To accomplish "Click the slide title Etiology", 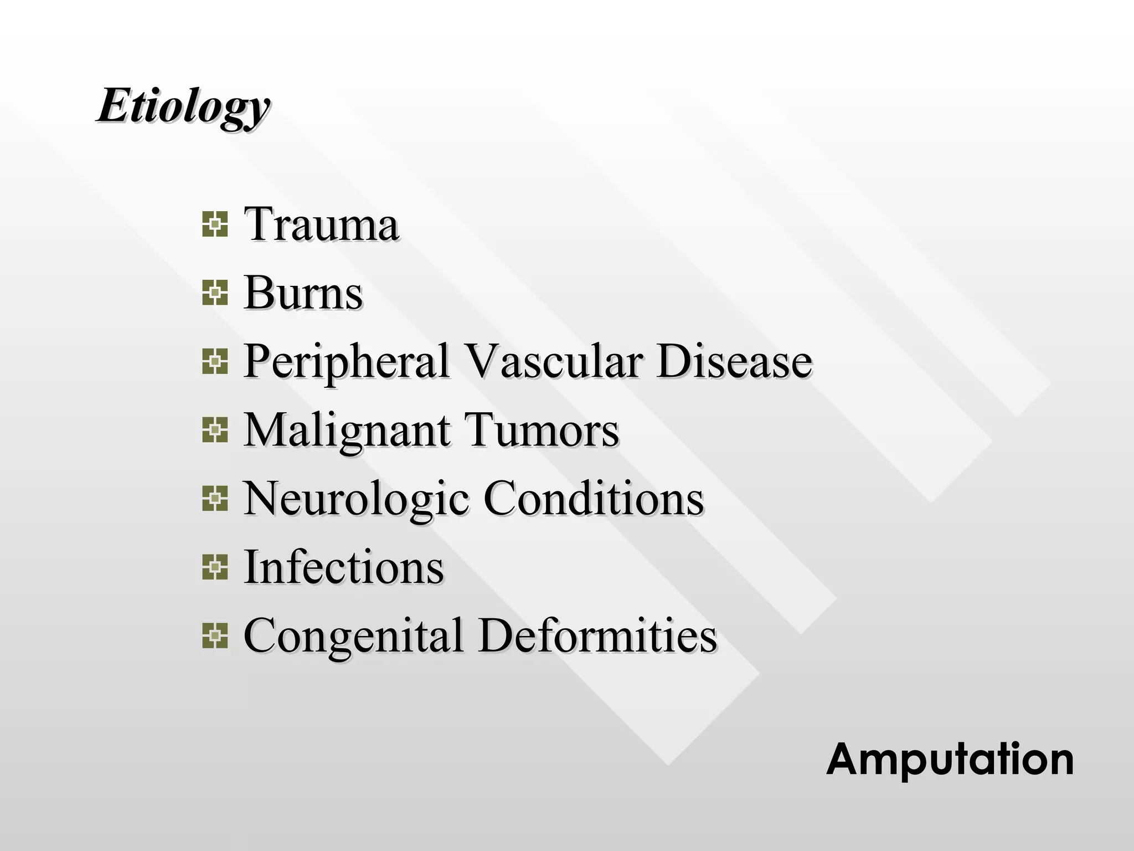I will (183, 106).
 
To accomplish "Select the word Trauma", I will (321, 224).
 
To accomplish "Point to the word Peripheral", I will (346, 362).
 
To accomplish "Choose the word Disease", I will (735, 361).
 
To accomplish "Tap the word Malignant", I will (346, 431).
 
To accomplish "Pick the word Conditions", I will (594, 498).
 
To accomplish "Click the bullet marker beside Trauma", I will (215, 224).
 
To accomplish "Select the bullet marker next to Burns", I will (215, 293).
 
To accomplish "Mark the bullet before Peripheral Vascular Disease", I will (215, 362).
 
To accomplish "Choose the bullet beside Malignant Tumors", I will (215, 430).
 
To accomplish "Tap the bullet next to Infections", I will (215, 567).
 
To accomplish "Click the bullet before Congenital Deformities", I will (215, 636).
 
